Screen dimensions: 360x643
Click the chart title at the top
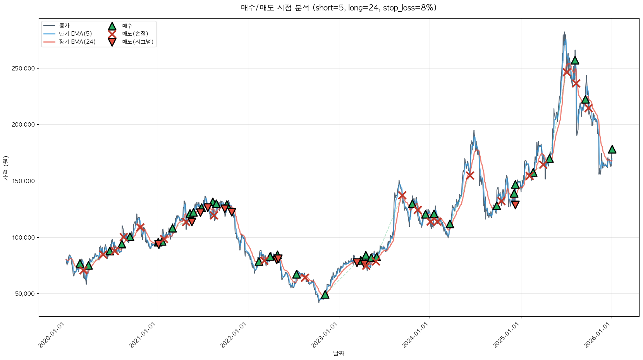click(x=339, y=8)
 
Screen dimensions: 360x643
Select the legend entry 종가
click(x=64, y=26)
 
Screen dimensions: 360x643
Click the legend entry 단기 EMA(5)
click(x=75, y=34)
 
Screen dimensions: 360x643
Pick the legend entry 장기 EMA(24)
click(x=77, y=42)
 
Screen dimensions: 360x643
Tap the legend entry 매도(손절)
click(x=135, y=34)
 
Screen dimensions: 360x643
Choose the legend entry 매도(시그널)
click(x=138, y=42)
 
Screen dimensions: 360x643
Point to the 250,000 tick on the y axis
click(x=25, y=69)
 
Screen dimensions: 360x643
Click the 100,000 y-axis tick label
click(x=25, y=237)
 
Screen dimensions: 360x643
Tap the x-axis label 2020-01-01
click(x=52, y=335)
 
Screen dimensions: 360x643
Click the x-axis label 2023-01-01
click(x=325, y=335)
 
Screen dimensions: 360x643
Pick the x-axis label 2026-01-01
click(x=598, y=335)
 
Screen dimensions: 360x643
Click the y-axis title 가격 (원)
click(x=5, y=168)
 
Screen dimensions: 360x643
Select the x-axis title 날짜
click(x=339, y=353)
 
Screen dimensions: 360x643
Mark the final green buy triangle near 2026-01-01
click(x=612, y=149)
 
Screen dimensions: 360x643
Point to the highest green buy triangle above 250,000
click(x=575, y=60)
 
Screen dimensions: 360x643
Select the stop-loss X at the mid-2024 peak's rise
click(x=470, y=175)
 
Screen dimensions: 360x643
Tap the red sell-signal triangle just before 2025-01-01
click(x=515, y=204)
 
